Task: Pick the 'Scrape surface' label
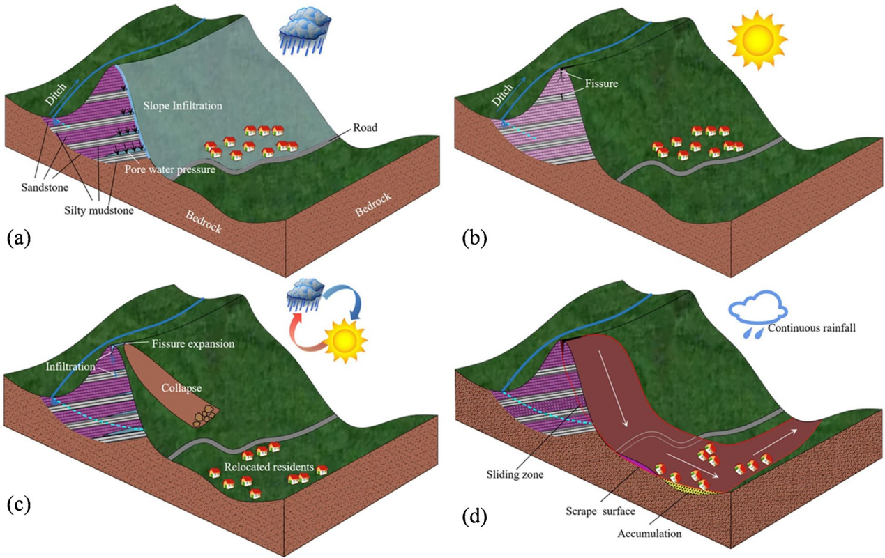[600, 511]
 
